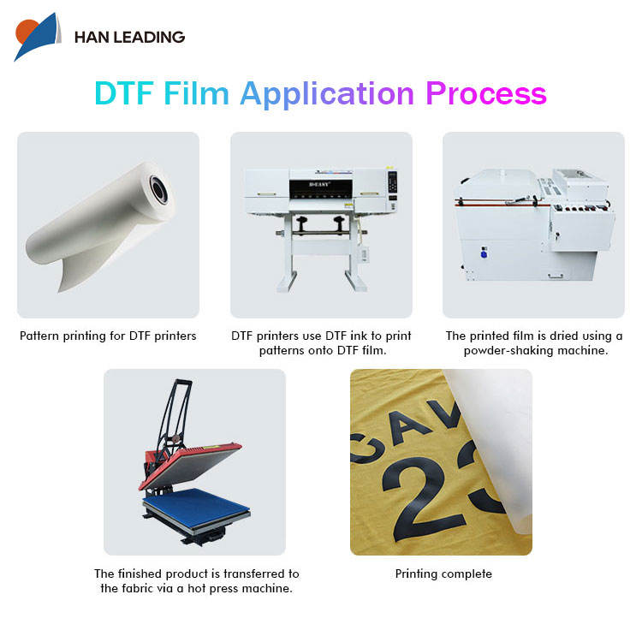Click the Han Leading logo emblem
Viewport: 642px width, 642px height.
tap(38, 37)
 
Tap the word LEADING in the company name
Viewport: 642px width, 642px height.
tap(149, 38)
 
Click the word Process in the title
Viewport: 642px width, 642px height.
tap(486, 93)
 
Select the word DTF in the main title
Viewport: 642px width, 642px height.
tap(124, 93)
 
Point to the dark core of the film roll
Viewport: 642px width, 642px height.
tap(159, 189)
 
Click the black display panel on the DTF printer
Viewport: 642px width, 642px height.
tap(321, 188)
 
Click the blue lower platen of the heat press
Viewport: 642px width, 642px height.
tap(197, 507)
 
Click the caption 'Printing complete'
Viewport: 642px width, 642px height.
tap(443, 574)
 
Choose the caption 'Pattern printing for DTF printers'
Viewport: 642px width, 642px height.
tap(108, 336)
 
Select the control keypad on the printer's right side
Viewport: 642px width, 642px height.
tap(392, 181)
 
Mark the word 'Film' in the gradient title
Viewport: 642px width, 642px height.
tap(196, 93)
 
